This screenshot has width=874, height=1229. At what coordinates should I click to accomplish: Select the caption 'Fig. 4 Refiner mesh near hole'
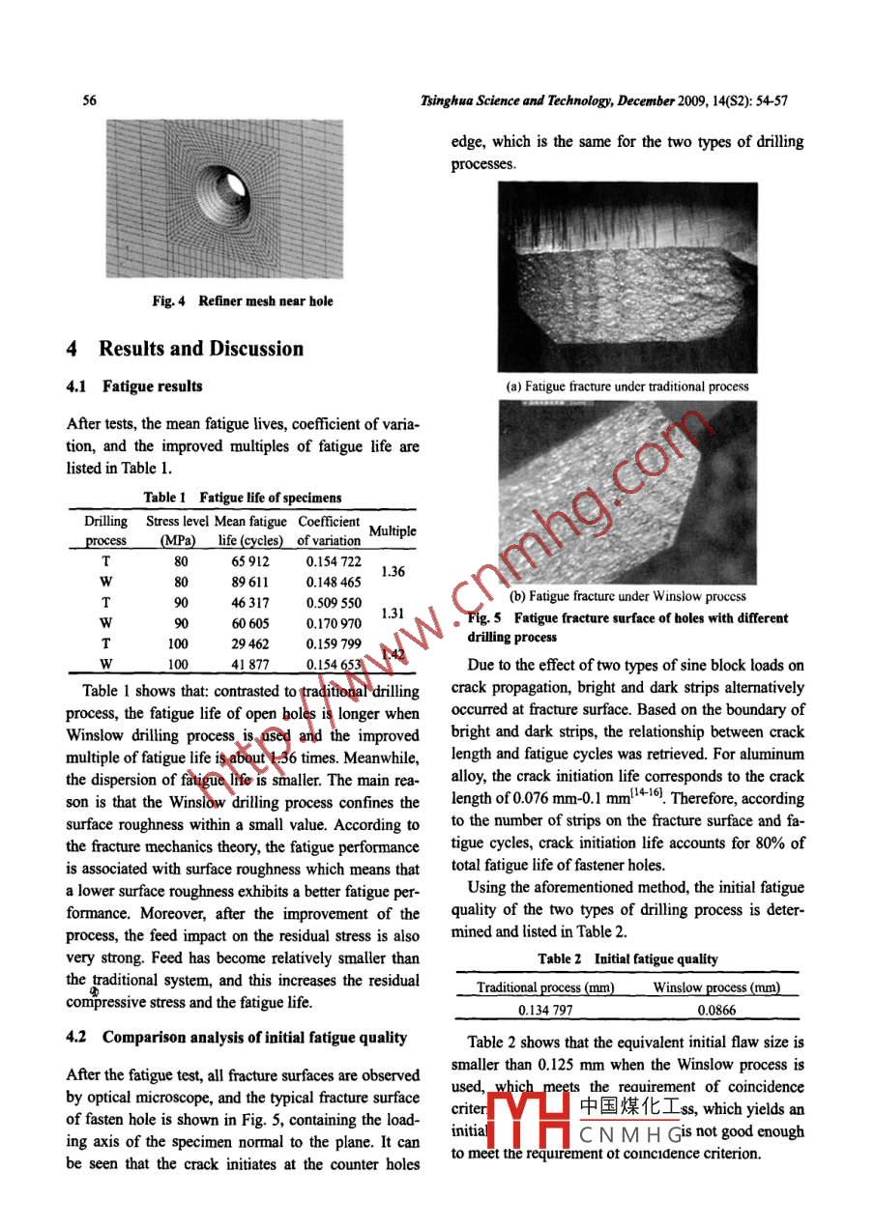point(242,301)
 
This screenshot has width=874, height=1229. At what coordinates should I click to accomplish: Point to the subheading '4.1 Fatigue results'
point(134,386)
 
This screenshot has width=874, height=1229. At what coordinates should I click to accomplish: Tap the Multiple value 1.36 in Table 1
point(392,571)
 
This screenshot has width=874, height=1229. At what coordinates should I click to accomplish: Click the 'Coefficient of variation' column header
point(329,530)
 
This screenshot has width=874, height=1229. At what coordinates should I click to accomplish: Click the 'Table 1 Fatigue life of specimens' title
point(242,498)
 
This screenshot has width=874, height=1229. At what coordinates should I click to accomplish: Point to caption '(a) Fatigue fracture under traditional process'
point(627,386)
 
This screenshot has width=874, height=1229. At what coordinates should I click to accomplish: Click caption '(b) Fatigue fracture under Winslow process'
point(627,596)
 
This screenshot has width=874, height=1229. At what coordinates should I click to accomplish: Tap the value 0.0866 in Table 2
point(716,1010)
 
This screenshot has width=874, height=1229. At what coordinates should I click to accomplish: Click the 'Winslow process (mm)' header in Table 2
point(716,987)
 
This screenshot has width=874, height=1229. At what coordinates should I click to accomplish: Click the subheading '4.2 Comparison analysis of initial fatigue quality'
point(236,1038)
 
